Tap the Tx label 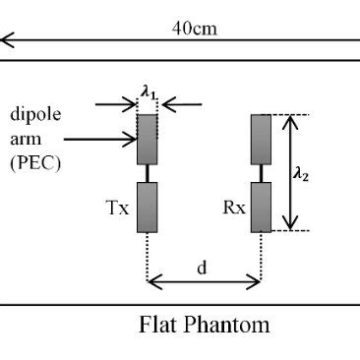pyautogui.click(x=115, y=209)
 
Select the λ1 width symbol pyautogui.click(x=148, y=90)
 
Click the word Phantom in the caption pyautogui.click(x=228, y=324)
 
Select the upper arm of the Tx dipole pyautogui.click(x=148, y=139)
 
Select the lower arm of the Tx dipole pyautogui.click(x=148, y=208)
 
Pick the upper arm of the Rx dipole pyautogui.click(x=262, y=139)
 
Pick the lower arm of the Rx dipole pyautogui.click(x=262, y=208)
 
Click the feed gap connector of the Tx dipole pyautogui.click(x=148, y=173)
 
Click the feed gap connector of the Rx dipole pyautogui.click(x=262, y=173)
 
